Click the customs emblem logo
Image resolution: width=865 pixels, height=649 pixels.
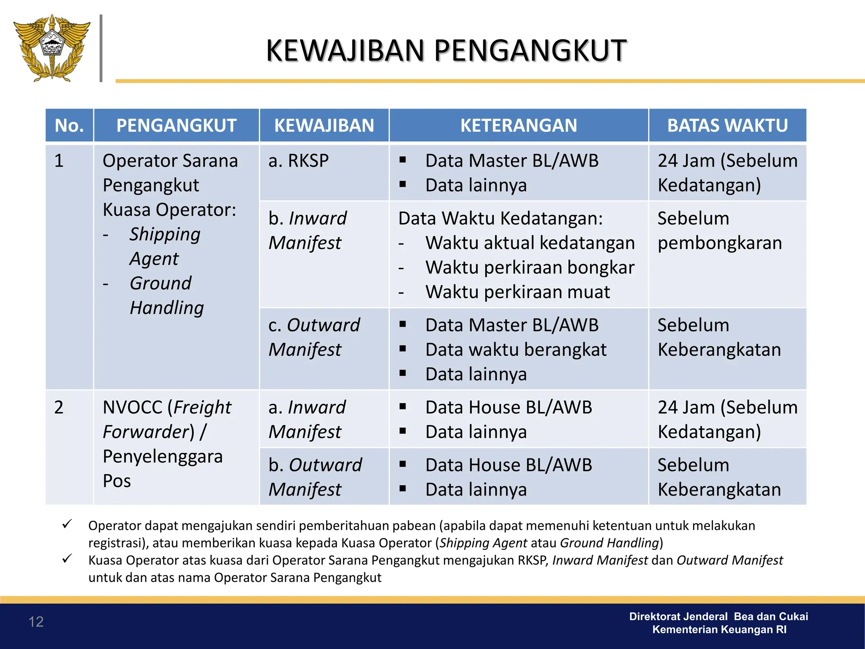(x=52, y=47)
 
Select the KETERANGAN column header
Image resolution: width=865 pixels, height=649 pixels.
(x=518, y=125)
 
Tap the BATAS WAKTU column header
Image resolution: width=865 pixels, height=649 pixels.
(x=727, y=125)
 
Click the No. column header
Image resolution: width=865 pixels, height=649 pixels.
(x=69, y=125)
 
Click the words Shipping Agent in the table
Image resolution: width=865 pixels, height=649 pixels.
(x=165, y=246)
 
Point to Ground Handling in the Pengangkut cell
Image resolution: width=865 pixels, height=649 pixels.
(x=166, y=295)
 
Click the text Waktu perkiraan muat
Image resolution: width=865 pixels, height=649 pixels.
(x=517, y=292)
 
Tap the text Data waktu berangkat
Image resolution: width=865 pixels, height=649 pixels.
(x=516, y=350)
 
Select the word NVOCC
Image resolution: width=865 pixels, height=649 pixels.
(x=133, y=407)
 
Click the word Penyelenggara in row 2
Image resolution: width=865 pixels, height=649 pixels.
(x=163, y=456)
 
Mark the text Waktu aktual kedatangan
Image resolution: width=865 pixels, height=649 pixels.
(x=530, y=243)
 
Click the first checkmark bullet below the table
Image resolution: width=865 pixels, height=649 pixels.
(x=67, y=524)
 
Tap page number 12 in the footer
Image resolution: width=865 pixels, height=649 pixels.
(x=36, y=622)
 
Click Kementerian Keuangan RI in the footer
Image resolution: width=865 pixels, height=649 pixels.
(x=719, y=630)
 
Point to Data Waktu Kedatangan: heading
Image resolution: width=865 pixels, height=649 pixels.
(x=500, y=218)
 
